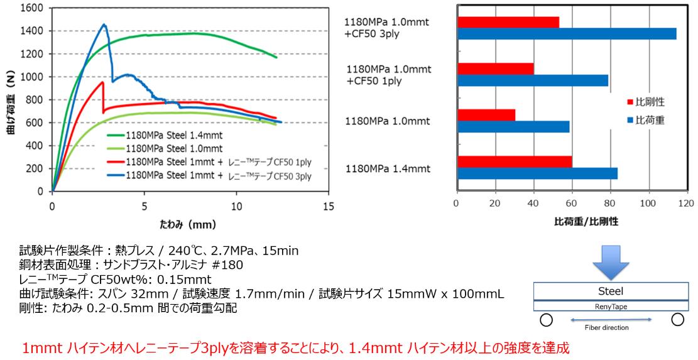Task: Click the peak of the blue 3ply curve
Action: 104,25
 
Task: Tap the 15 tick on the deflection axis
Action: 328,205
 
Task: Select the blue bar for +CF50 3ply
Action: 567,34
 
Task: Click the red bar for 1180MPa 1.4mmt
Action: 515,161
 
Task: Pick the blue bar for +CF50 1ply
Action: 533,80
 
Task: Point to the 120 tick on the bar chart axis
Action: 686,204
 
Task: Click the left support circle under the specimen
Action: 547,320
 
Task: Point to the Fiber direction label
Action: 608,327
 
